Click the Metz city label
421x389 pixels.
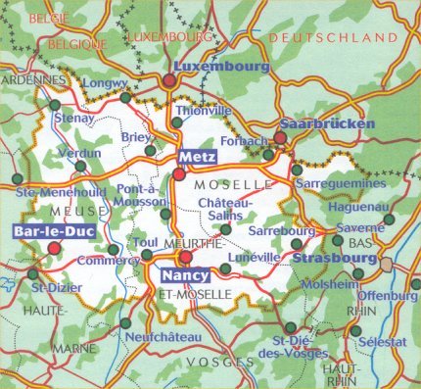point(196,158)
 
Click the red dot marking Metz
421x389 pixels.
point(178,174)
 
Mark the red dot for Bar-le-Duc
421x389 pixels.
point(54,248)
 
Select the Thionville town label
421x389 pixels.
point(201,111)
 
